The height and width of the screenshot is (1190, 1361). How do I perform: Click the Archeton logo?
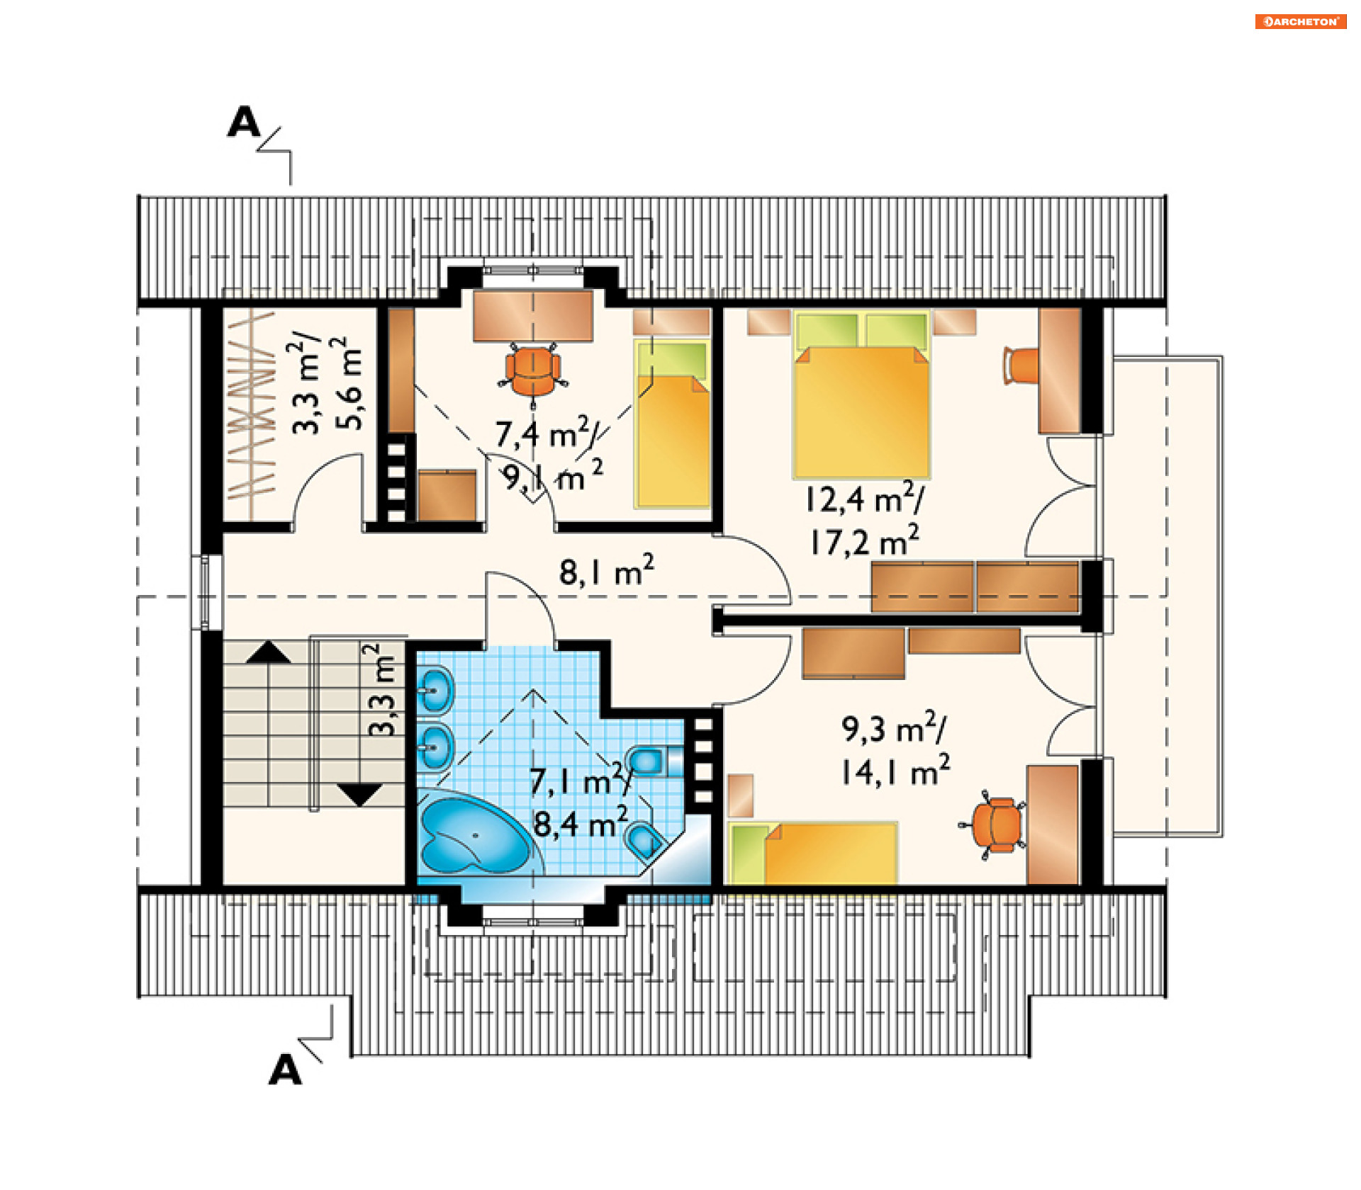[x=1300, y=22]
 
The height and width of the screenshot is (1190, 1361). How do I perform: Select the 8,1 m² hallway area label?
[x=607, y=570]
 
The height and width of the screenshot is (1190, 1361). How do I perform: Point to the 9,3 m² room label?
[x=894, y=727]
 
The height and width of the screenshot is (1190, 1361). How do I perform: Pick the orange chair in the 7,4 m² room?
[x=533, y=371]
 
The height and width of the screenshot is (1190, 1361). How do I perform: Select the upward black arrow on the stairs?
[x=268, y=652]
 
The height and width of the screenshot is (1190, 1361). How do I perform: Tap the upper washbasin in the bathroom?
[x=435, y=688]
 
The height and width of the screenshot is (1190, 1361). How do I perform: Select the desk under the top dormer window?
[x=533, y=316]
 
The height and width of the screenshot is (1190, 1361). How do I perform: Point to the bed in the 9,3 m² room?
[x=814, y=853]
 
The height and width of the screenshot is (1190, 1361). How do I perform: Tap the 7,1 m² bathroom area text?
[x=580, y=781]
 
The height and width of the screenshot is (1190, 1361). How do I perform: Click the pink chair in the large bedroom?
[x=1021, y=365]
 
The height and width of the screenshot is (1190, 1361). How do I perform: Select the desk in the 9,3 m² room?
[x=1053, y=824]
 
